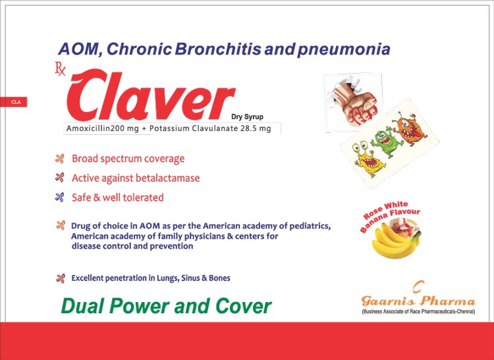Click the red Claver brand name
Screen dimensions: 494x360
pyautogui.click(x=151, y=95)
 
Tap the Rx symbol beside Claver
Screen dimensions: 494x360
pyautogui.click(x=60, y=70)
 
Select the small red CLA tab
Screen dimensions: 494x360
pyautogui.click(x=14, y=102)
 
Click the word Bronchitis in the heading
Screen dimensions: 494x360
pyautogui.click(x=218, y=49)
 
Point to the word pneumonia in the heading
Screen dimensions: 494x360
pyautogui.click(x=344, y=50)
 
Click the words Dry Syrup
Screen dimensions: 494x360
pyautogui.click(x=247, y=116)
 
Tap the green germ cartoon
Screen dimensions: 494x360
pyautogui.click(x=387, y=143)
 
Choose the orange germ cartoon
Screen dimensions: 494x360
pyautogui.click(x=410, y=128)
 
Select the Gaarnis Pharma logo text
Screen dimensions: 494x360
pyautogui.click(x=418, y=300)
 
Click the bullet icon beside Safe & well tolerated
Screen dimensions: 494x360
pyautogui.click(x=59, y=197)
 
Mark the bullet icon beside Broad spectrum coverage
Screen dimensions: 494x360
pyautogui.click(x=59, y=159)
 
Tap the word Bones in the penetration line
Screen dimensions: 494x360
pyautogui.click(x=219, y=278)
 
